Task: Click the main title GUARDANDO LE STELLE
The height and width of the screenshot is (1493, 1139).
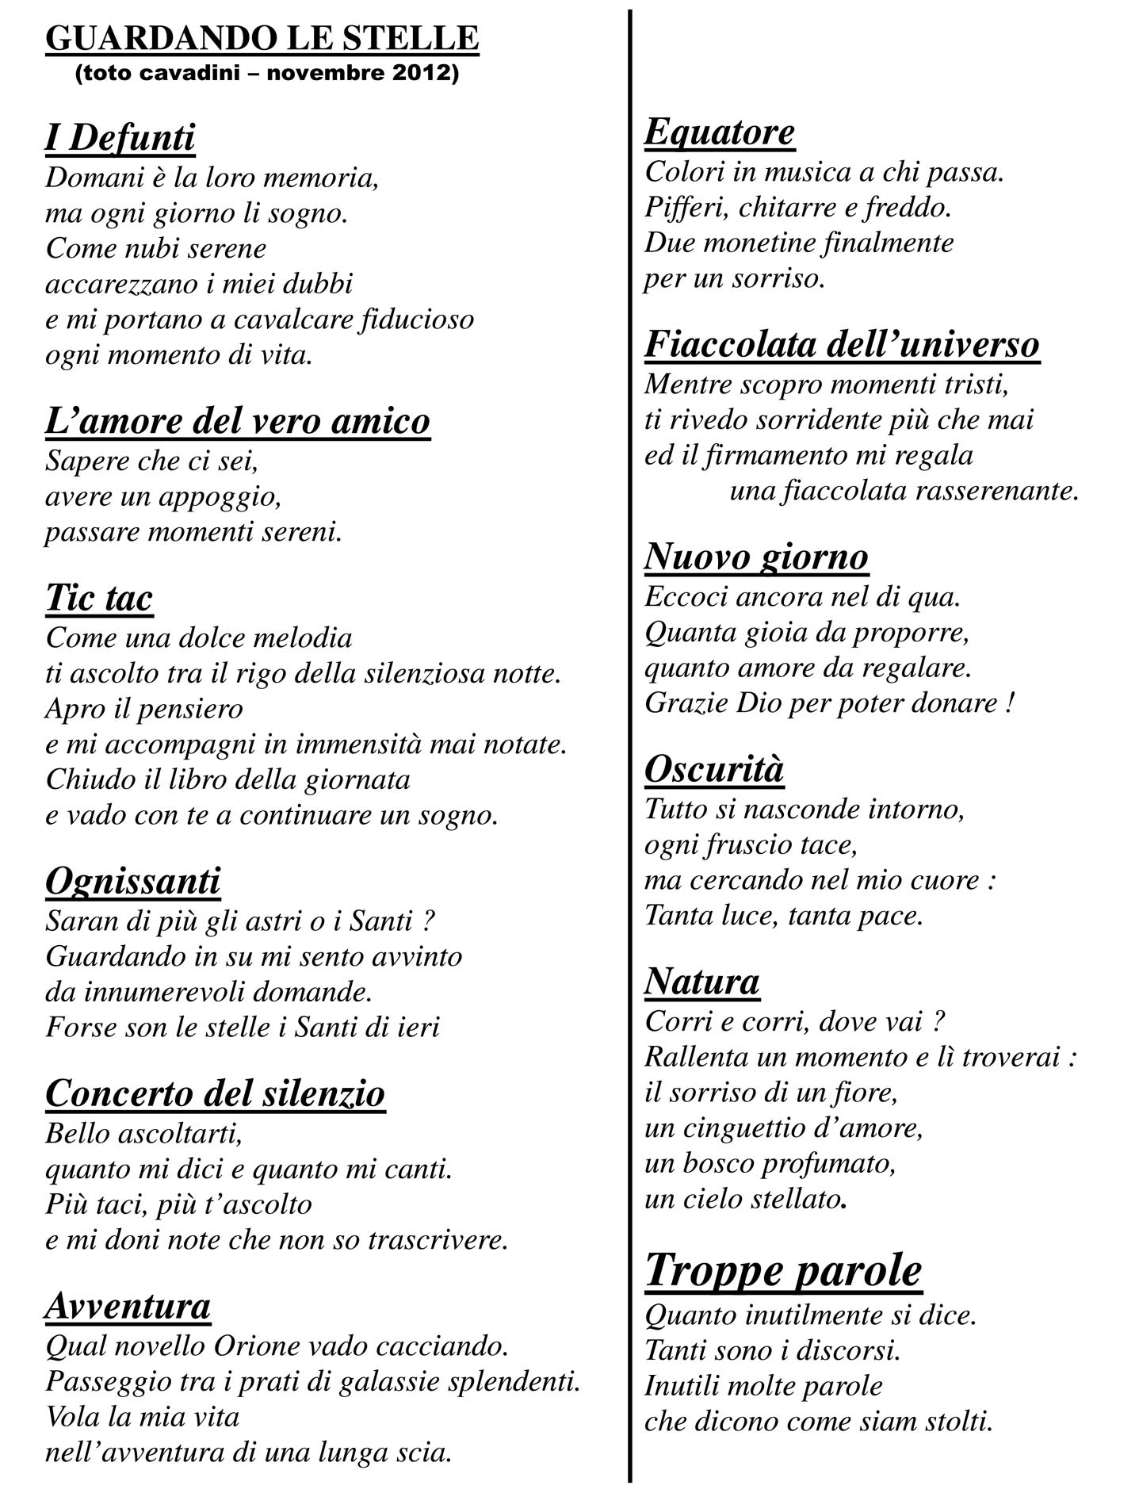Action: tap(262, 38)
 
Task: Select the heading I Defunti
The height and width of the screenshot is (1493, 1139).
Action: tap(120, 137)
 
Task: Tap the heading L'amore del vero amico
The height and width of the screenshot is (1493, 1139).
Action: tap(237, 420)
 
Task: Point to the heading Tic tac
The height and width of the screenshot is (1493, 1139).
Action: tap(99, 597)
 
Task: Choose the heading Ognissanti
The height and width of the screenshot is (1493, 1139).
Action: tap(132, 880)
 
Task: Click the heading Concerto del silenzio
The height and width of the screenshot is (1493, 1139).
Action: tap(215, 1093)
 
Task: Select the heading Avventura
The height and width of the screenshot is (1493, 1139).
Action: tap(128, 1305)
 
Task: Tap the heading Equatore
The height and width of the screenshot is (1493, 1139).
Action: tap(719, 132)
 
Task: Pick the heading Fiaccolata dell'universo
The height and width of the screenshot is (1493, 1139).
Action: tap(841, 344)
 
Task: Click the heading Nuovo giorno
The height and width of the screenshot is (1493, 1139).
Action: tap(756, 557)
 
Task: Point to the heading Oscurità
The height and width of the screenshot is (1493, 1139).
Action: tap(714, 768)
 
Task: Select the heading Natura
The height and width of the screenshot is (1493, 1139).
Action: tap(701, 982)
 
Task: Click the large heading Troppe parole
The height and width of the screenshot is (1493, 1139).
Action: tap(783, 1269)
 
